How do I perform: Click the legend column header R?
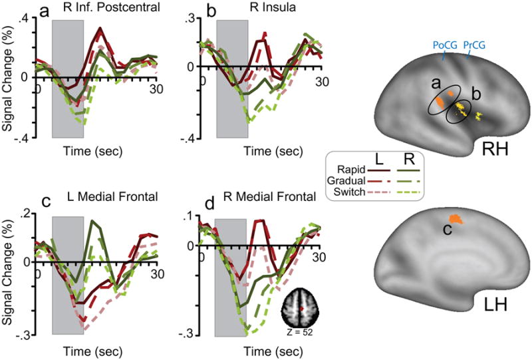402,160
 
